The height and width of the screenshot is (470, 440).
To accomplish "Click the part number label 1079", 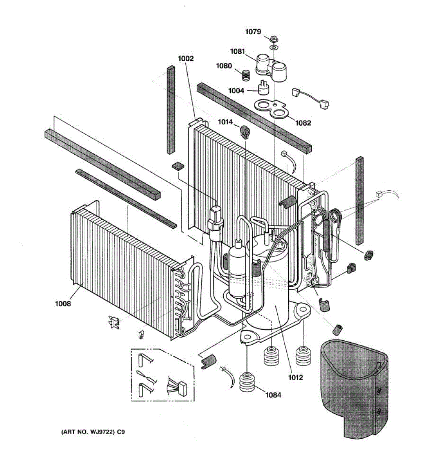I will pyautogui.click(x=253, y=32).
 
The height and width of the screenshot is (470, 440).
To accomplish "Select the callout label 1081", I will pyautogui.click(x=237, y=51).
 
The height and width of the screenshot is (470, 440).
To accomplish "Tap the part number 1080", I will pyautogui.click(x=224, y=66).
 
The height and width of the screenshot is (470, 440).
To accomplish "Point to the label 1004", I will pyautogui.click(x=237, y=90).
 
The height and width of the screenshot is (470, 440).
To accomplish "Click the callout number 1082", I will pyautogui.click(x=303, y=123).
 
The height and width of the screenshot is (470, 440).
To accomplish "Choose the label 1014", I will pyautogui.click(x=225, y=122).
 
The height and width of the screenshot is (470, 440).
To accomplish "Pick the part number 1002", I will pyautogui.click(x=186, y=59).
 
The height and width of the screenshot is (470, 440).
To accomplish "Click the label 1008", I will pyautogui.click(x=63, y=303).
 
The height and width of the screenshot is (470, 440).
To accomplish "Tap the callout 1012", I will pyautogui.click(x=296, y=378).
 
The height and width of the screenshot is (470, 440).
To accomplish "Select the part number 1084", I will pyautogui.click(x=273, y=395).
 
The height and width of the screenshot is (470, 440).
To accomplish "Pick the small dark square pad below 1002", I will pyautogui.click(x=178, y=166).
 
